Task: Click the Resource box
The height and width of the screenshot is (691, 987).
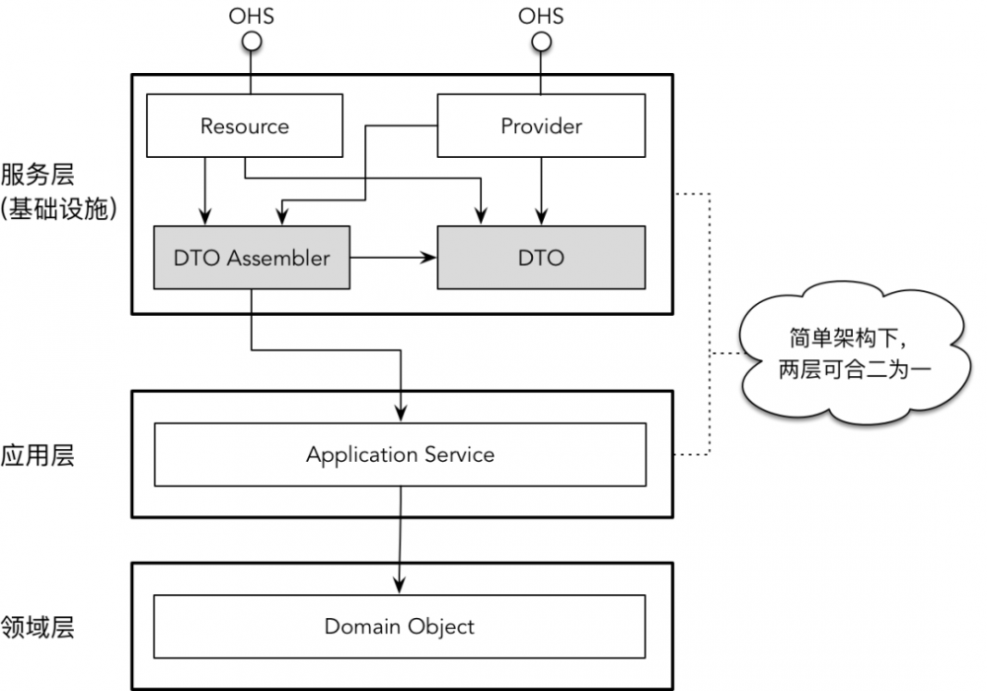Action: tap(245, 125)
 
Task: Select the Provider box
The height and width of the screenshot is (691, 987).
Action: tap(541, 125)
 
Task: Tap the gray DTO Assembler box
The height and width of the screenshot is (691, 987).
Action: tap(252, 258)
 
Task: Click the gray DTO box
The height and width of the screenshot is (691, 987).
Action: tap(541, 258)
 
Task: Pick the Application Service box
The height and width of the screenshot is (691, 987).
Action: tap(400, 455)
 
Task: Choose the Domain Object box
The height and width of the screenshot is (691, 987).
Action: tap(400, 627)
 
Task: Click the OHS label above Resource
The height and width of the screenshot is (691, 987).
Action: tap(251, 16)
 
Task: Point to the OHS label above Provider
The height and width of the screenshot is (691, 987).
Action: tap(541, 16)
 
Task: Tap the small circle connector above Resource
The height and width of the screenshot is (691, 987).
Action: tap(252, 40)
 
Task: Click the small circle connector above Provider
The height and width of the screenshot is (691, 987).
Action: tap(541, 40)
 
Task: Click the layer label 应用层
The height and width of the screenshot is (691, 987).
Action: tap(38, 455)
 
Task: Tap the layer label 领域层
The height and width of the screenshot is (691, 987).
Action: tap(38, 627)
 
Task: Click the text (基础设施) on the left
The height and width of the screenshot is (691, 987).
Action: tap(59, 210)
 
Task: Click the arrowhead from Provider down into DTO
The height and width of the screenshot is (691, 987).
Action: tap(541, 217)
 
